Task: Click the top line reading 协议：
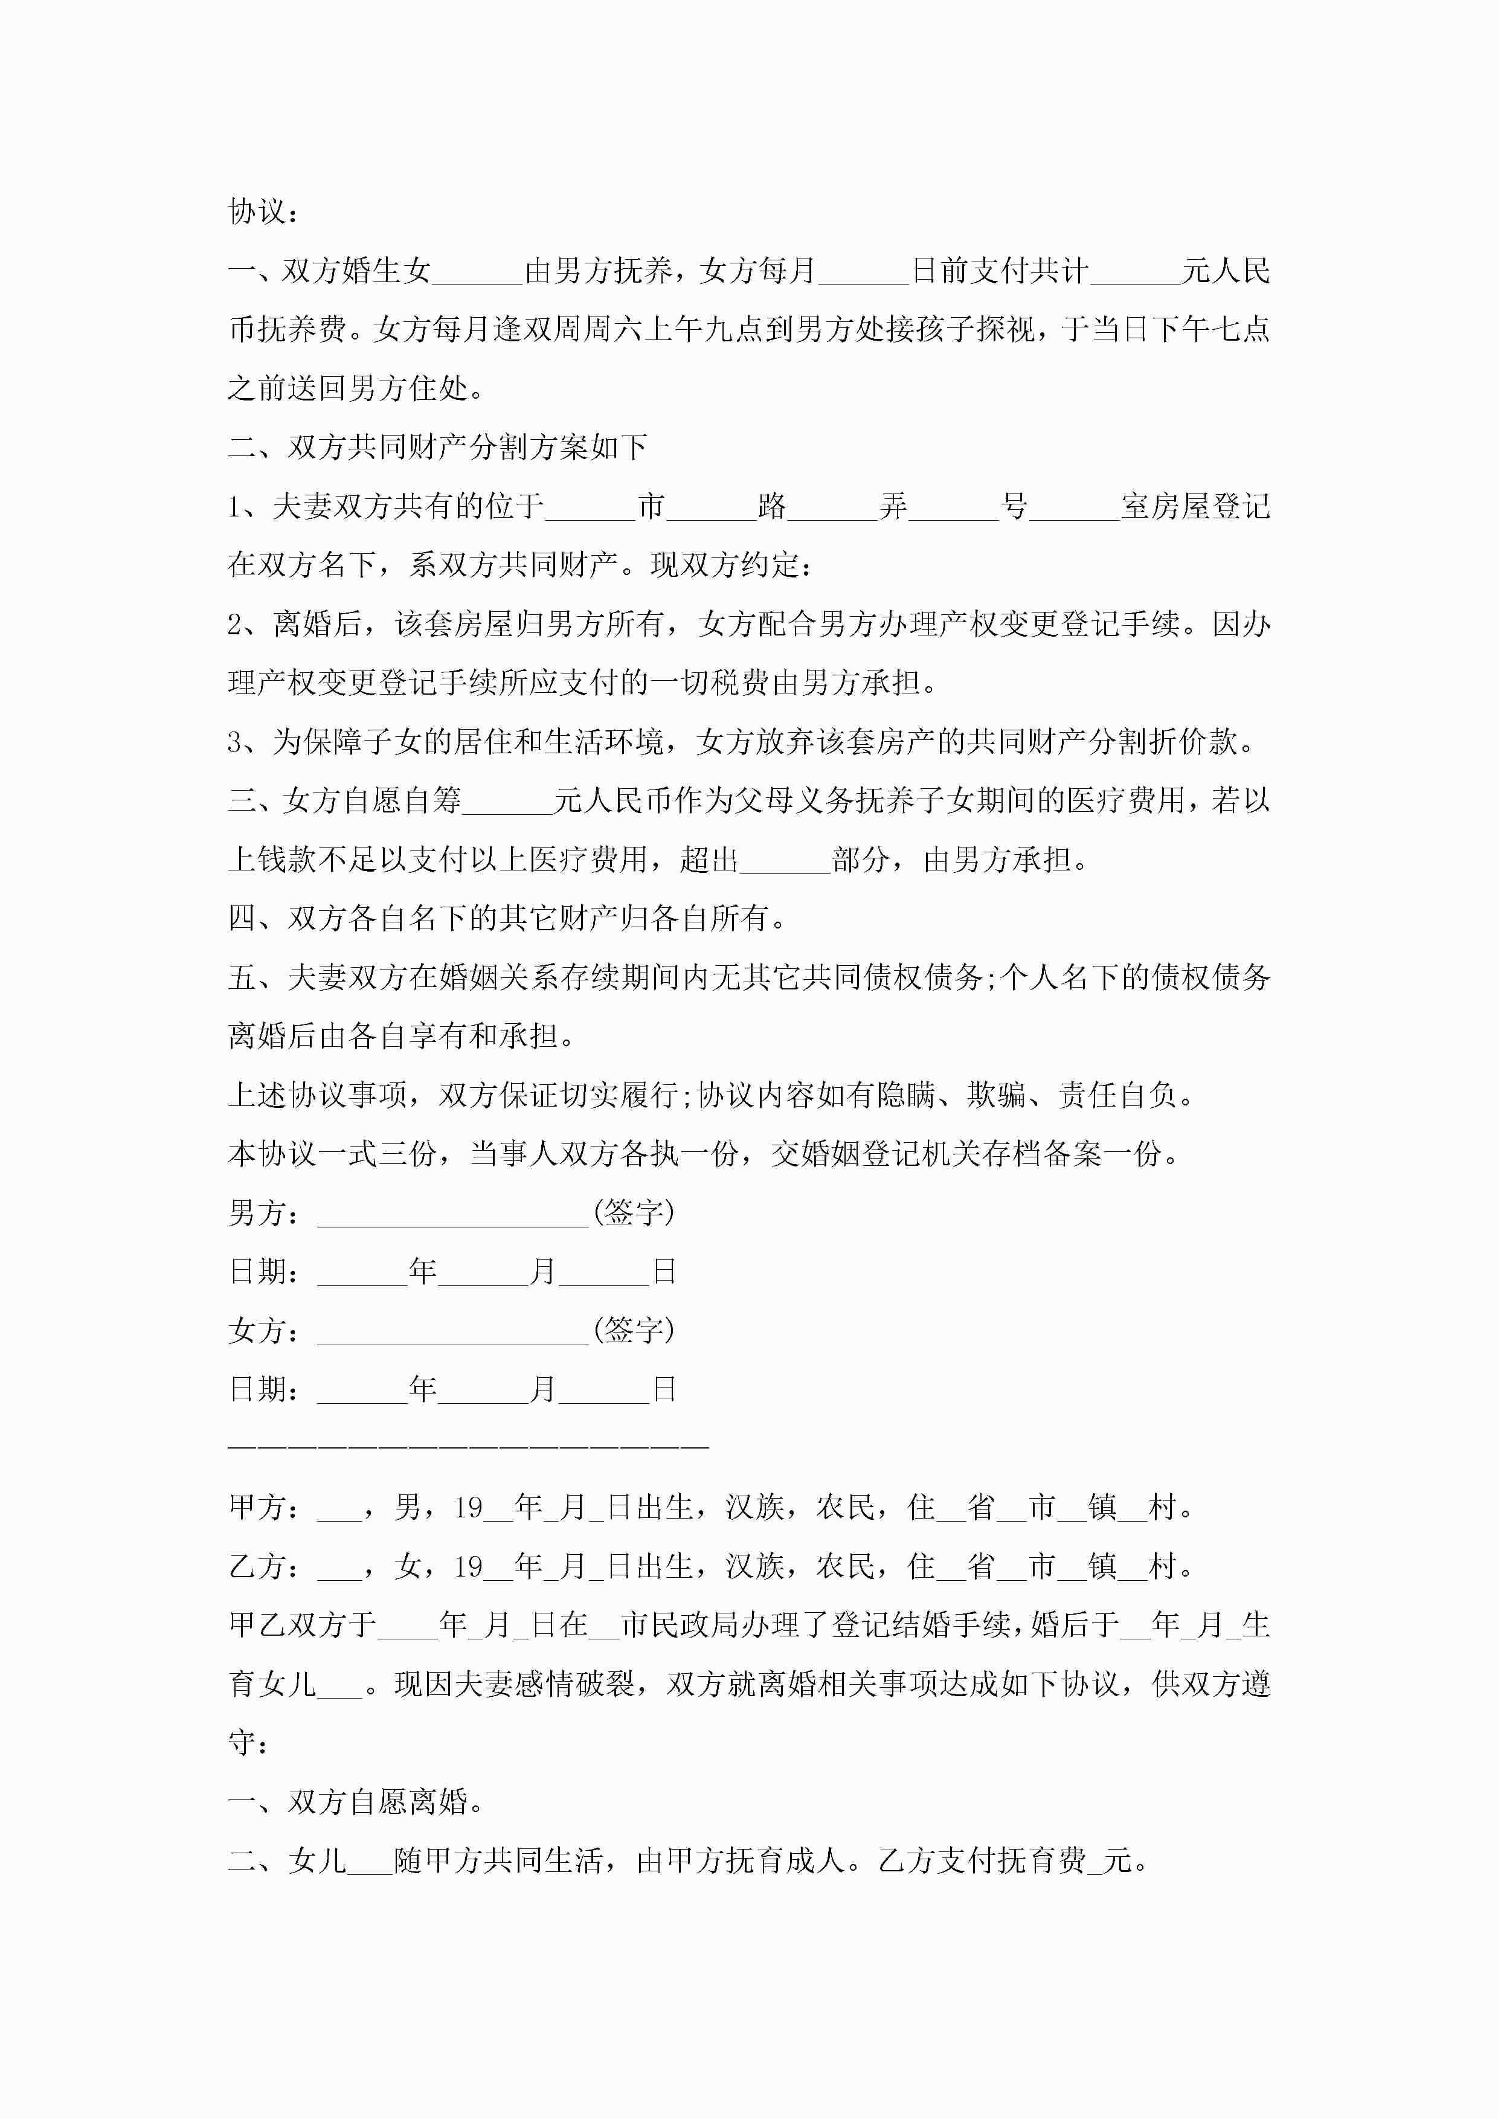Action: [x=263, y=212]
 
